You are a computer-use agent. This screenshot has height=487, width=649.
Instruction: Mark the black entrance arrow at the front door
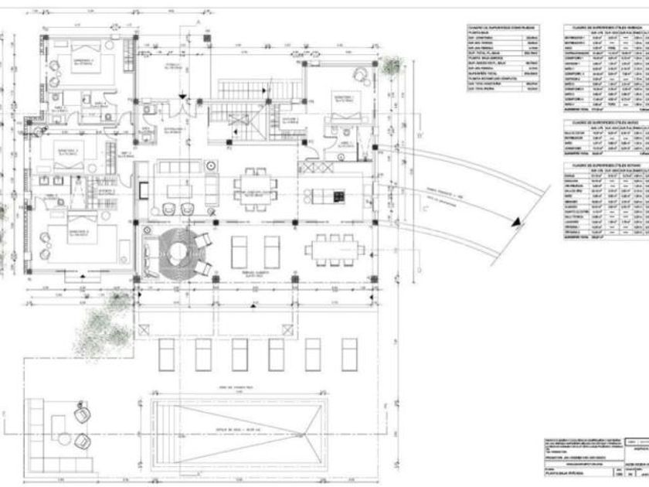pyautogui.click(x=182, y=95)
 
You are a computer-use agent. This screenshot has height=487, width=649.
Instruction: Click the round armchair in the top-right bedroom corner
pyautogui.click(x=362, y=74)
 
